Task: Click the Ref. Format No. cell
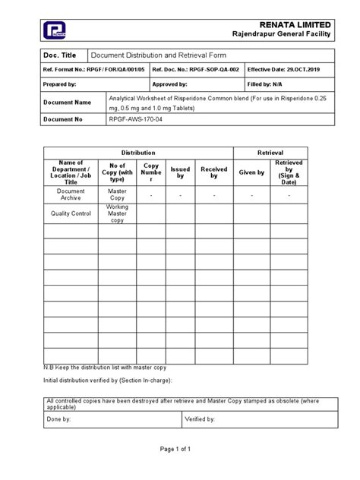point(94,69)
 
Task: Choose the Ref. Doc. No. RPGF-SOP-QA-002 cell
point(192,69)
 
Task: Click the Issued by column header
point(180,172)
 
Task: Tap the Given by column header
point(251,172)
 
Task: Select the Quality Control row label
point(71,213)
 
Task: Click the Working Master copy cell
point(117,213)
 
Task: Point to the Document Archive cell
point(71,195)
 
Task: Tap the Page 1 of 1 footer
point(180,470)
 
